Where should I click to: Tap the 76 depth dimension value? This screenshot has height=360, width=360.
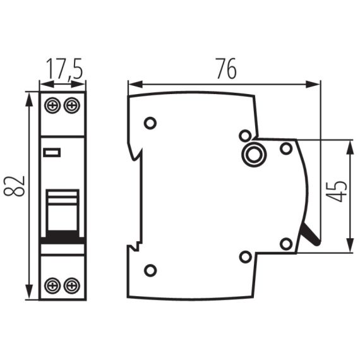[x=225, y=69]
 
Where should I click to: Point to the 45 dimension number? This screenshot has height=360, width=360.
[x=339, y=191]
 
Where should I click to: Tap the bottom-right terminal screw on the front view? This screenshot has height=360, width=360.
[x=73, y=285]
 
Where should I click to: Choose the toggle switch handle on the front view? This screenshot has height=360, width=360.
[x=63, y=212]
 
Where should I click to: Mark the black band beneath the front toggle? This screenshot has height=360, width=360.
[x=63, y=238]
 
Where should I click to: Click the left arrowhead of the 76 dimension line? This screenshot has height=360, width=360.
[x=131, y=84]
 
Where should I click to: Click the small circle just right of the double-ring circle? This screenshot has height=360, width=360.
[x=285, y=148]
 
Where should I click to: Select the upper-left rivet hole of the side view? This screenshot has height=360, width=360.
[x=150, y=123]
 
